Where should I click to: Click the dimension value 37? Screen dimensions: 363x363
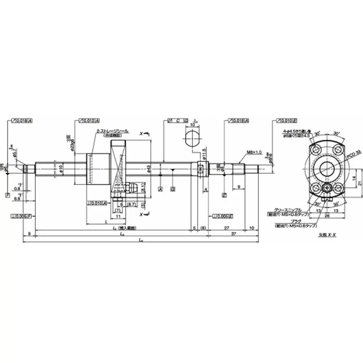pos(233,235)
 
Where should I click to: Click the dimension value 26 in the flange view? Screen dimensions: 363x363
pos(326,216)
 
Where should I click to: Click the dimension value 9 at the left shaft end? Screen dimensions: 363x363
pos(29,234)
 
